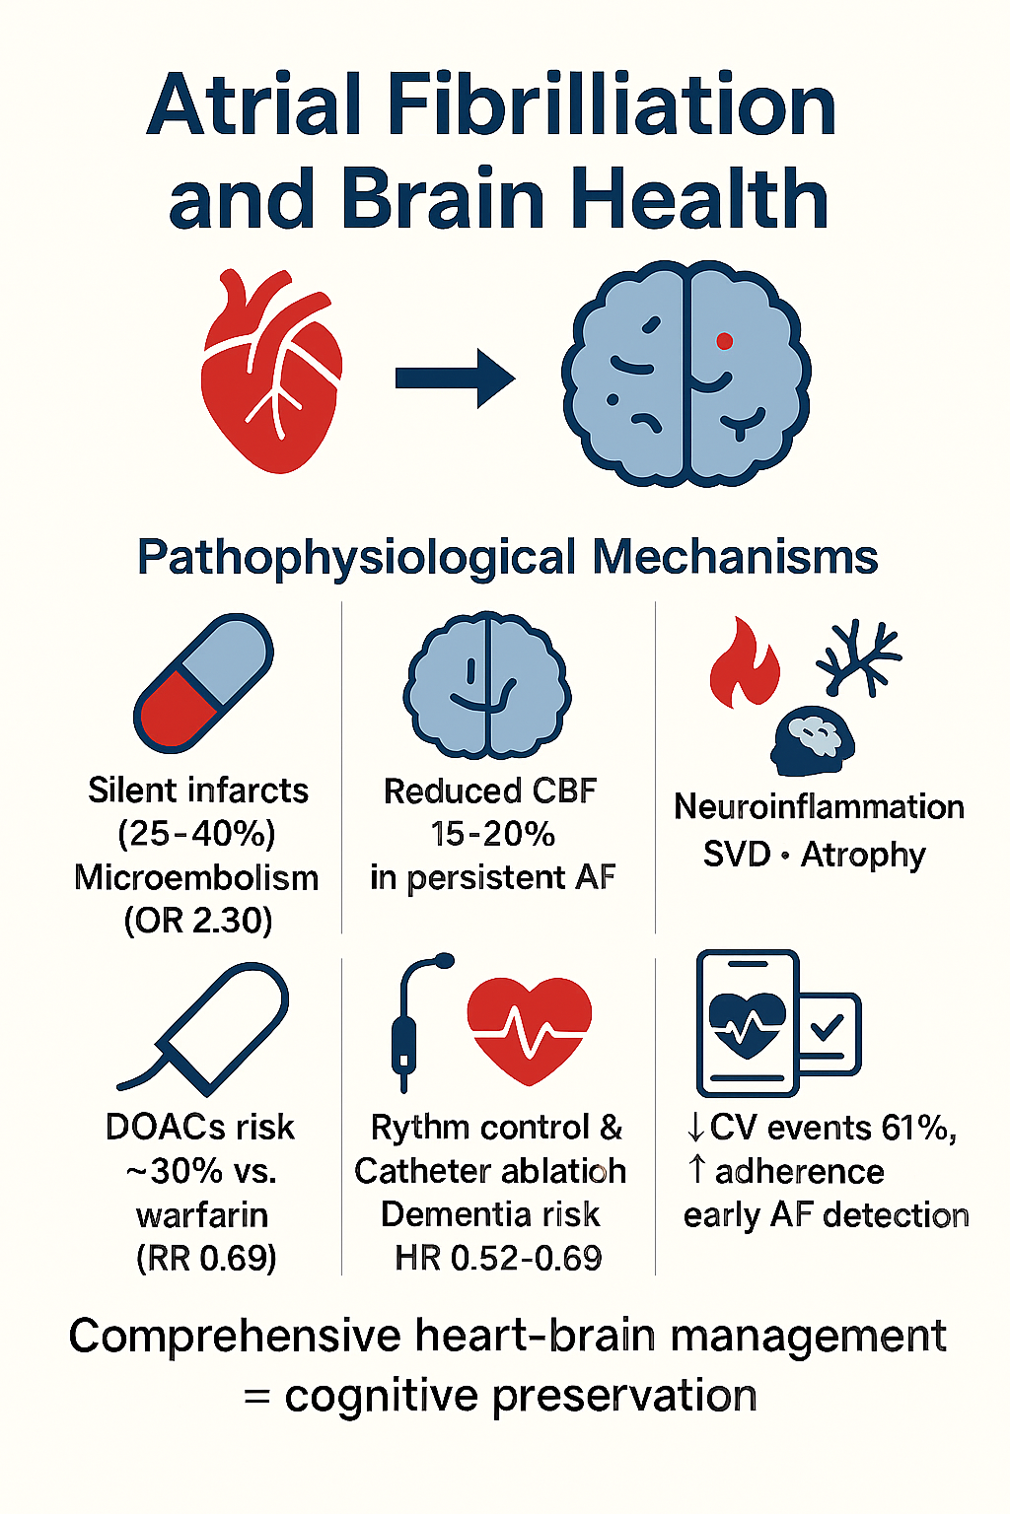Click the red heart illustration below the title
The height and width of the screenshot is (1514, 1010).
(x=271, y=375)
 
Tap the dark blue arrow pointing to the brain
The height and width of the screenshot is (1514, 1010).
(x=455, y=378)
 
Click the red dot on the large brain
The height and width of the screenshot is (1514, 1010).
(x=724, y=341)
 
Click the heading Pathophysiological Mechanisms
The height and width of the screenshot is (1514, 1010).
(x=507, y=557)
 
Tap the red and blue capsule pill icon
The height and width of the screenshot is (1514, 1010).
(x=203, y=682)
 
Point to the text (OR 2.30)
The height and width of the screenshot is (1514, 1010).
(x=198, y=921)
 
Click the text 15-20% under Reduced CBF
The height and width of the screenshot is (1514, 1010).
(x=492, y=834)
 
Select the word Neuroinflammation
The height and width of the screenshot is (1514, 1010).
(x=819, y=806)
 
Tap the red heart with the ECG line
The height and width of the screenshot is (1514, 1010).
(x=530, y=1028)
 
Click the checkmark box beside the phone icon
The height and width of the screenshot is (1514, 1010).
(x=828, y=1031)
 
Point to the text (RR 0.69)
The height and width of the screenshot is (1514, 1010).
(x=206, y=1258)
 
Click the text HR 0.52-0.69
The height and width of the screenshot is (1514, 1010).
(x=498, y=1258)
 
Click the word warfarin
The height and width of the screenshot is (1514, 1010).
(x=202, y=1214)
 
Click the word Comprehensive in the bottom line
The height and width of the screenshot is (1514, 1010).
(x=234, y=1337)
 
